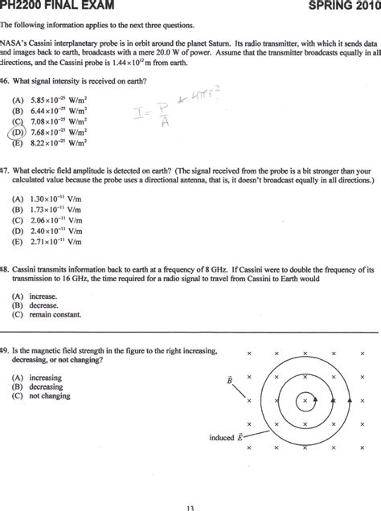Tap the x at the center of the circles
click(305, 400)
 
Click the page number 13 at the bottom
click(190, 506)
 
